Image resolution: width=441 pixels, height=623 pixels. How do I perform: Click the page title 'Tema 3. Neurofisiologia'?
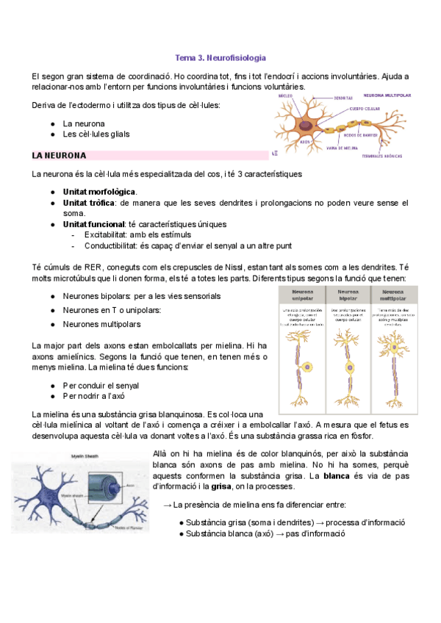point(220,57)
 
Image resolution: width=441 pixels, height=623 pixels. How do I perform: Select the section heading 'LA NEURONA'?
point(60,156)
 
